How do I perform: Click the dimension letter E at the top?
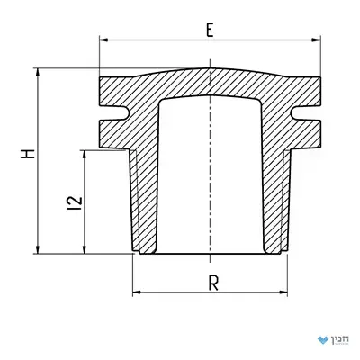[210, 30]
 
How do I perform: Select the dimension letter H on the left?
[28, 154]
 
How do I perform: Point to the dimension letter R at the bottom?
[213, 283]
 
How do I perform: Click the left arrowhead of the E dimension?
[103, 40]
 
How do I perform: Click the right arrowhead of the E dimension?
[316, 40]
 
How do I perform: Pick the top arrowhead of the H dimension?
[38, 73]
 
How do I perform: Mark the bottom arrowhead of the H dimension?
[38, 249]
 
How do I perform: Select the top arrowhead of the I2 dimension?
[85, 155]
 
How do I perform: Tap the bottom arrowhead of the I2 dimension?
[85, 249]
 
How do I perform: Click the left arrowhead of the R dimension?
[137, 292]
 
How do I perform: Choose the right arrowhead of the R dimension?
[283, 292]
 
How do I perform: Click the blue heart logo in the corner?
[323, 340]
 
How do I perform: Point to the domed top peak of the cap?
[210, 68]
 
